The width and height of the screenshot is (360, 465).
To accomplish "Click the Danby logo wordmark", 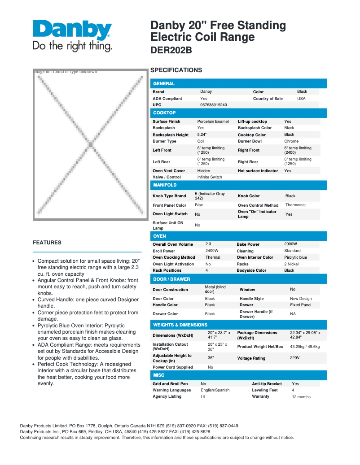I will coord(72,30).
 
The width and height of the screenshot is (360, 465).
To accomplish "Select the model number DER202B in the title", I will coord(171,50).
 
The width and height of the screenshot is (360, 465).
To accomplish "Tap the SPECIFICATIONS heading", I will coord(176,70).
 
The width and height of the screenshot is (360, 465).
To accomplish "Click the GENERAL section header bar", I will coord(238,83).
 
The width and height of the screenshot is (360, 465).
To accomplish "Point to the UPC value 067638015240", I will coord(213,105).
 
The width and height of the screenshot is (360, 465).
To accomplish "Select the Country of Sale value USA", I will coord(301,99).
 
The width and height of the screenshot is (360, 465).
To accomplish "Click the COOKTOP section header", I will coord(238,113).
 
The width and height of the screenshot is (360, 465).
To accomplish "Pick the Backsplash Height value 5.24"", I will coord(202,135).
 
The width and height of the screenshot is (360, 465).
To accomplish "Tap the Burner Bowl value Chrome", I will coord(291,141).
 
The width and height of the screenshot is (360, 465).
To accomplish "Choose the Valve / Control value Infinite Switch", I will coord(210,177).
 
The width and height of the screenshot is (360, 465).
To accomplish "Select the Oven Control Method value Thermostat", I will coord(295,205).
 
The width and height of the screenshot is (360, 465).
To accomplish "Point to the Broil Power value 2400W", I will coord(212,251).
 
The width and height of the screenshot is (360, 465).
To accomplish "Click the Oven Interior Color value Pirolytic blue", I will coord(295,257).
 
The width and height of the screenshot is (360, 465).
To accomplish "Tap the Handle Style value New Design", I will coord(301,299).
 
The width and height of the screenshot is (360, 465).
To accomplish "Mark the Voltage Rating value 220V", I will coord(294,358).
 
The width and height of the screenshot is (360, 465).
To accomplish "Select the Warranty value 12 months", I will coord(301,397).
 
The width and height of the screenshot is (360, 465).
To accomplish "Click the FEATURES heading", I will coord(47,243).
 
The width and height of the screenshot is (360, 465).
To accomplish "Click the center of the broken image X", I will coord(90,145).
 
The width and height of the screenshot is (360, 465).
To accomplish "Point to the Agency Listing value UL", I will coord(203,397).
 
